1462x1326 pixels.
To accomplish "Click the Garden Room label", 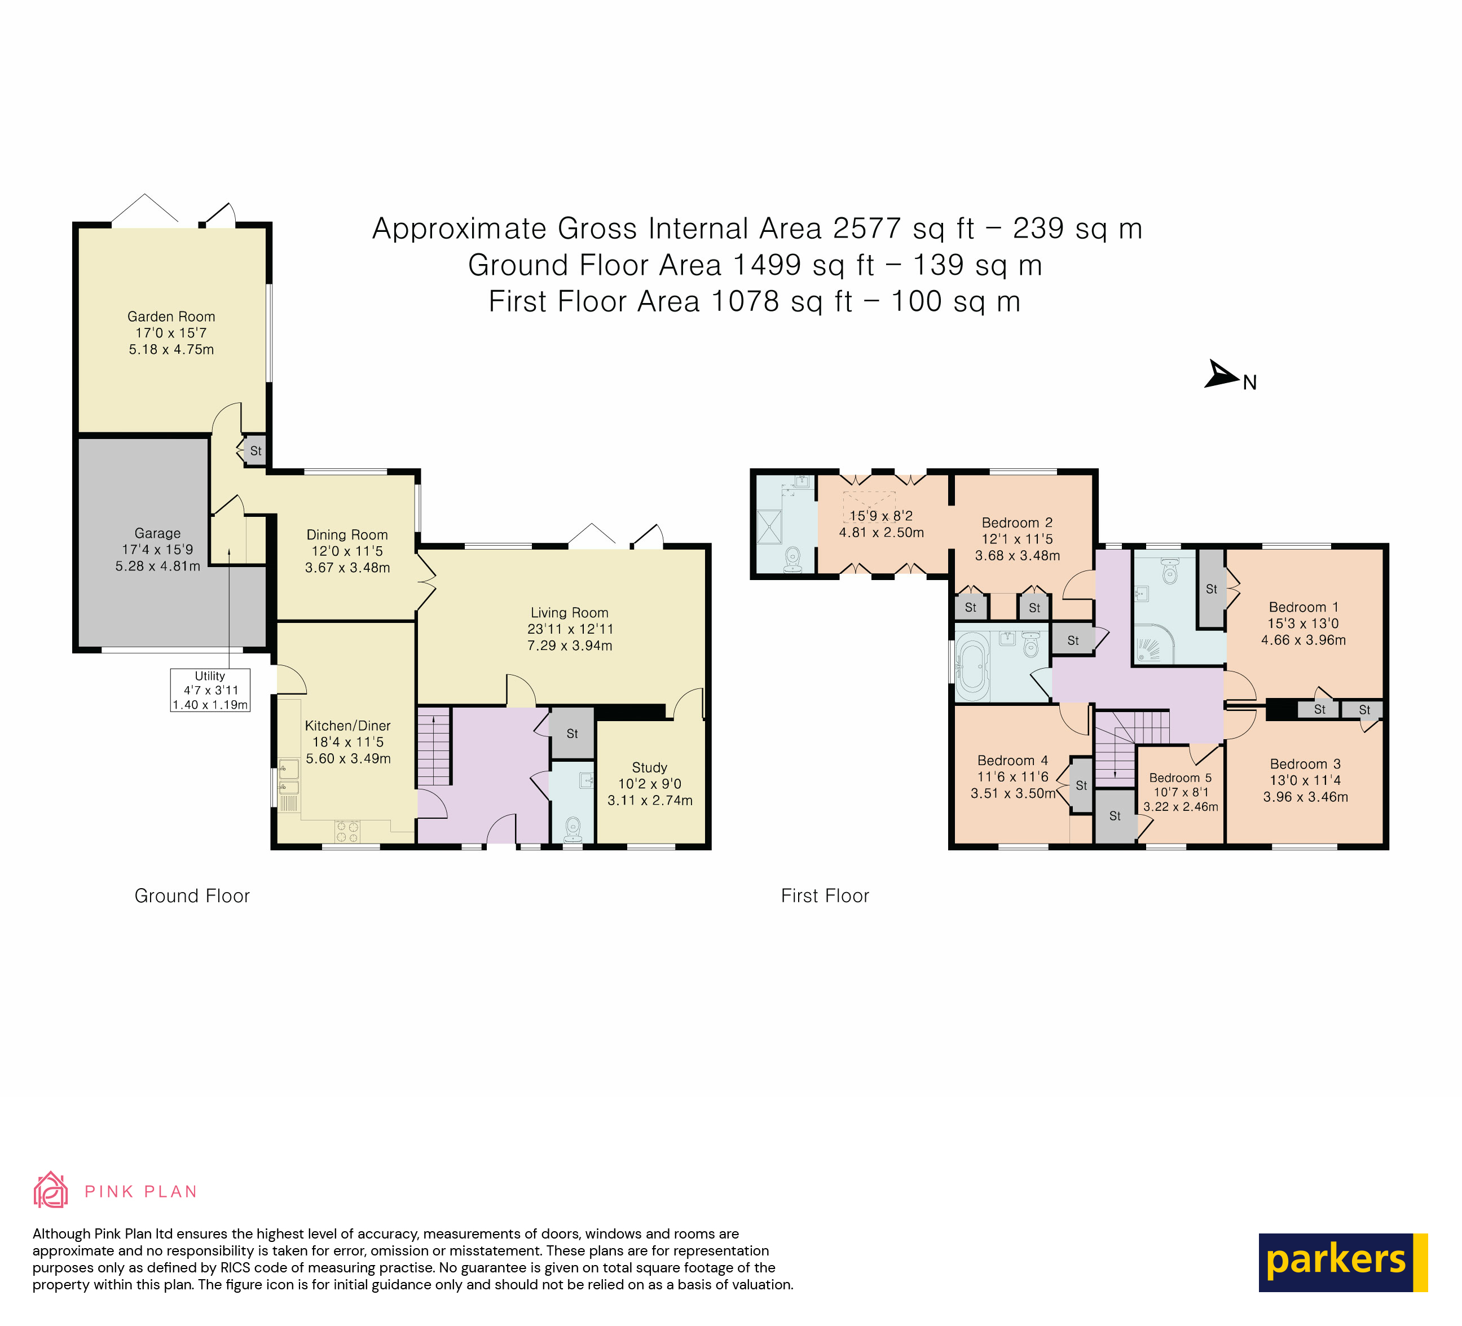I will click(x=171, y=317).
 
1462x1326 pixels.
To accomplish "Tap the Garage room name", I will click(x=157, y=533).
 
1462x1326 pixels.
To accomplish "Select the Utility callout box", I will click(x=210, y=690).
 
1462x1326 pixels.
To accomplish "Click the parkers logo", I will click(x=1342, y=1262).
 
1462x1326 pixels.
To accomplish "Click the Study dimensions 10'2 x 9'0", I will click(x=650, y=783).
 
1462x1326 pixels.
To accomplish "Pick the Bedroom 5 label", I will click(x=1180, y=778).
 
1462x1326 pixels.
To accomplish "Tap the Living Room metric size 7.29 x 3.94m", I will click(x=569, y=646).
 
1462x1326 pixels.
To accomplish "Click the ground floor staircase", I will click(x=434, y=747).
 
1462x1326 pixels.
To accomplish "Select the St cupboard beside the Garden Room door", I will click(x=256, y=450).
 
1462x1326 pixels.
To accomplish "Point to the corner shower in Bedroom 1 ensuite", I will click(x=1153, y=645).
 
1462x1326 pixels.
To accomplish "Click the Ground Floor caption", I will click(x=192, y=896).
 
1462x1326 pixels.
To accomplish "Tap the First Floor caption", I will click(x=825, y=896).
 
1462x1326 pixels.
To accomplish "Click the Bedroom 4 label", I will click(x=1012, y=760).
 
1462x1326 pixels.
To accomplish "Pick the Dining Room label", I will click(x=347, y=534).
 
